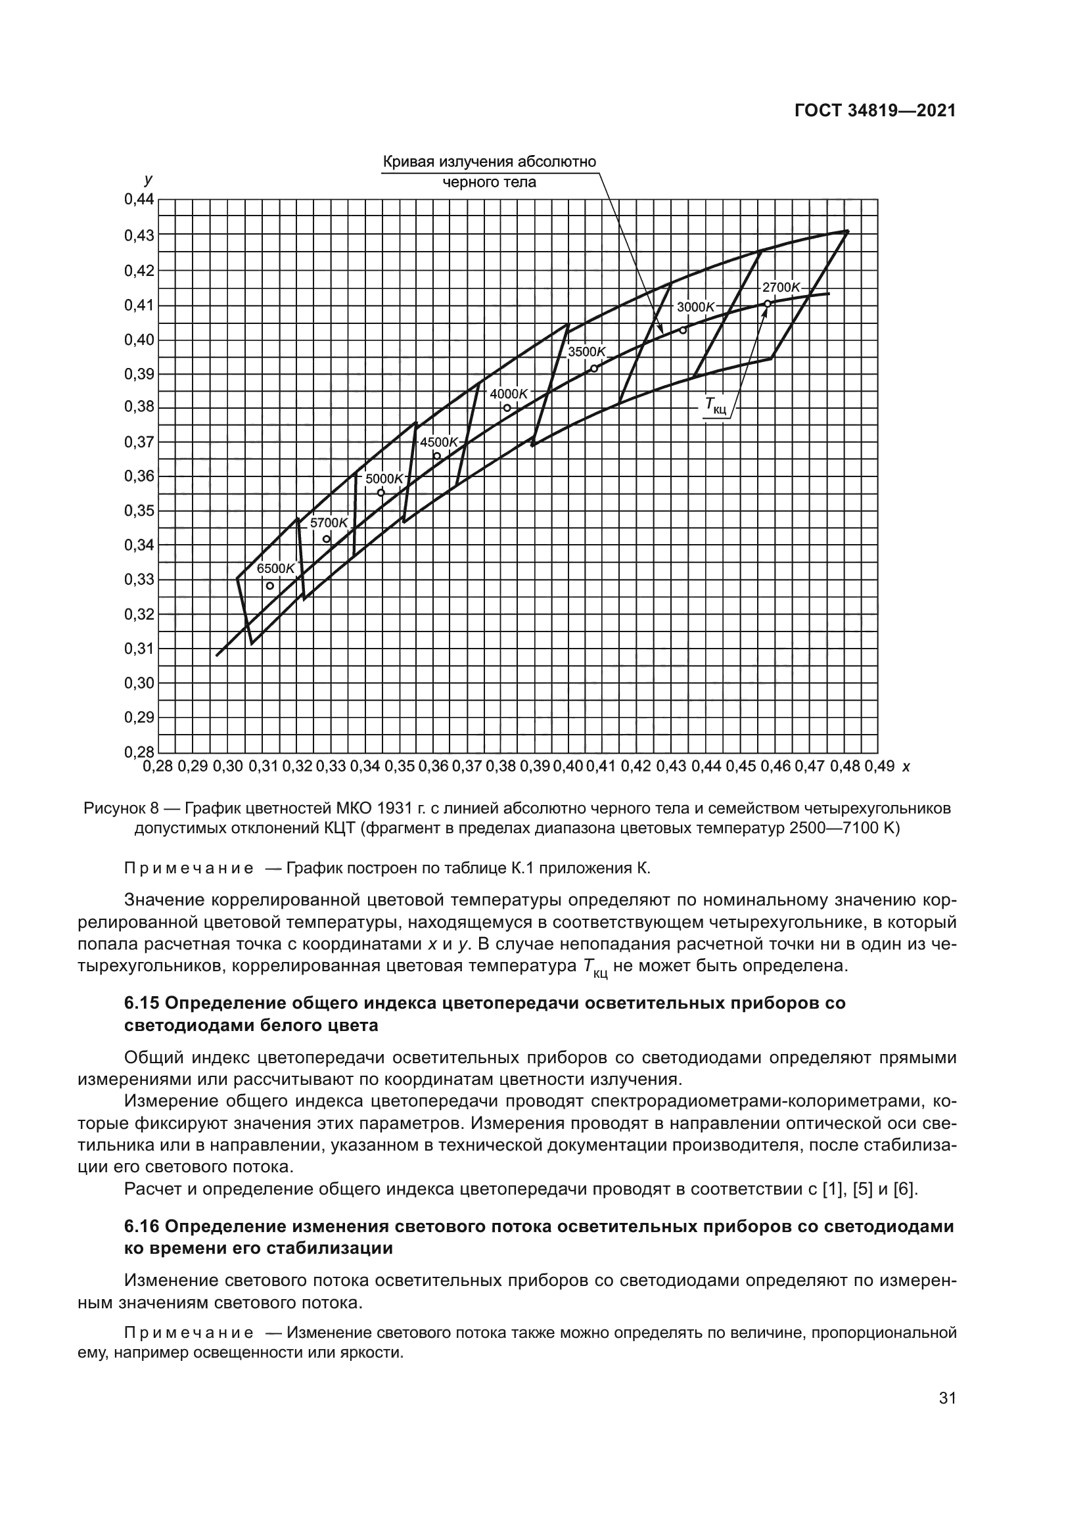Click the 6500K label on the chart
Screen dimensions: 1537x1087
point(276,568)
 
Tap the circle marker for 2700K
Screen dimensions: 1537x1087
point(768,303)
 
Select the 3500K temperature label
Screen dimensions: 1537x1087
point(586,352)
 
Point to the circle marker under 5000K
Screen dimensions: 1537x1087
point(381,493)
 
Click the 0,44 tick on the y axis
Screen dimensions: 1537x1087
point(139,200)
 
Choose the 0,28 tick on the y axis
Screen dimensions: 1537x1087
point(139,752)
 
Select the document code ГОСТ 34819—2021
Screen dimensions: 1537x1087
point(875,111)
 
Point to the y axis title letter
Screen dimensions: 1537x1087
point(148,179)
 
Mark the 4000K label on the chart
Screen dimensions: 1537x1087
point(509,394)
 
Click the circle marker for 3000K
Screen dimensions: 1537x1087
point(683,330)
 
